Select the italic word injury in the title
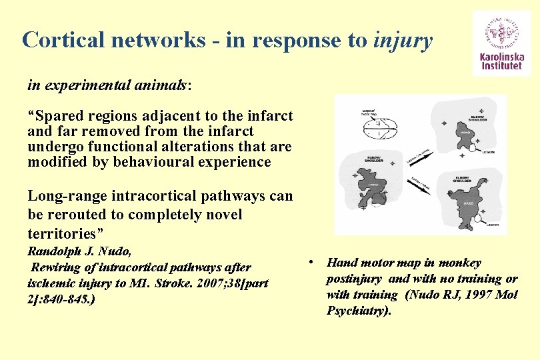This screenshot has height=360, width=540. tap(403, 40)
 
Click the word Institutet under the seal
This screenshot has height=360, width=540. tap(502, 67)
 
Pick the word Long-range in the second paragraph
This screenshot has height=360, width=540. tap(64, 196)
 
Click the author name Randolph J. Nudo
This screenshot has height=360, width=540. tap(79, 251)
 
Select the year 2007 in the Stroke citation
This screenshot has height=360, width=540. tap(194, 283)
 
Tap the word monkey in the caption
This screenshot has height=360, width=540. tap(459, 263)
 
